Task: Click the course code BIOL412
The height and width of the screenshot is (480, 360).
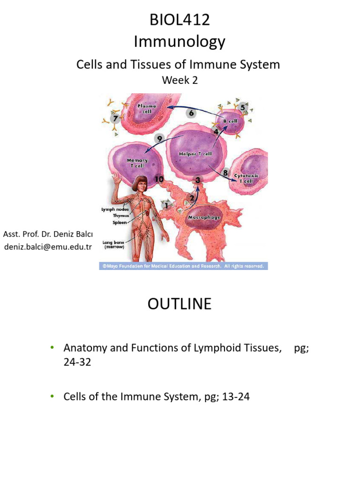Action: (x=180, y=20)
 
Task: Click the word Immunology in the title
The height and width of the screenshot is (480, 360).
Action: (x=180, y=42)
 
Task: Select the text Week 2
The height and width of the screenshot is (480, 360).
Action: (x=180, y=80)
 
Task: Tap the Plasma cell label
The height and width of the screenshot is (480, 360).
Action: (x=146, y=108)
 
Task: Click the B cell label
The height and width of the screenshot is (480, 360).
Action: (x=230, y=120)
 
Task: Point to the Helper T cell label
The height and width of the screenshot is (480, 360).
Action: (x=195, y=153)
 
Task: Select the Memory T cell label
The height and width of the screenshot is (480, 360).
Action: (x=137, y=163)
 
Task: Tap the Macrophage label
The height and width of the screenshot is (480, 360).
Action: (x=204, y=217)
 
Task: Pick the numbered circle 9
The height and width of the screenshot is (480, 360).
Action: (x=159, y=139)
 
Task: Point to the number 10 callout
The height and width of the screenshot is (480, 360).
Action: (x=159, y=179)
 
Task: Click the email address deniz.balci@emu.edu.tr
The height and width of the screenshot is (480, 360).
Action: (x=47, y=247)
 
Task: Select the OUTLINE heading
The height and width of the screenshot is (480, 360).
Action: (x=180, y=304)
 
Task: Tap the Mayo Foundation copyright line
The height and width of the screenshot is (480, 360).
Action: (x=183, y=266)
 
